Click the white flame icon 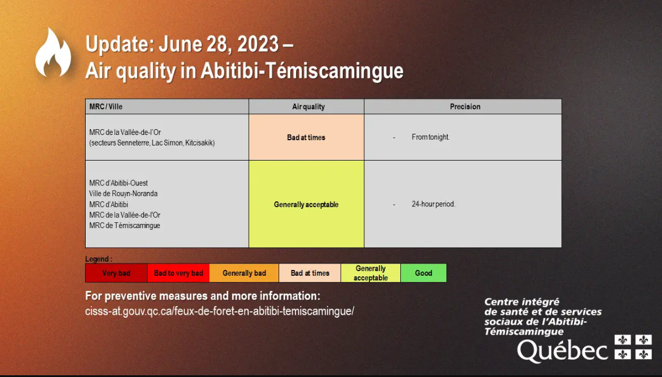53,53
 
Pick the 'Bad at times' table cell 307,137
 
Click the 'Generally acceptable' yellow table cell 307,204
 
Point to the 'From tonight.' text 431,137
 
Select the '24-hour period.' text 434,204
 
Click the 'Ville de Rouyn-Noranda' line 124,194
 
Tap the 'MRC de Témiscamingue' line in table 125,226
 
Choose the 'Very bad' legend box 116,273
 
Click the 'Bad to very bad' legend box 178,273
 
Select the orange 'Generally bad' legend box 244,273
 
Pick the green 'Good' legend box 424,273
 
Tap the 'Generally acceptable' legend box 371,273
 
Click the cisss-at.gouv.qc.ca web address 220,311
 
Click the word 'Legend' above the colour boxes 97,259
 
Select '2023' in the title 258,44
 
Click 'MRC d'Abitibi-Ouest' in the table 119,183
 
